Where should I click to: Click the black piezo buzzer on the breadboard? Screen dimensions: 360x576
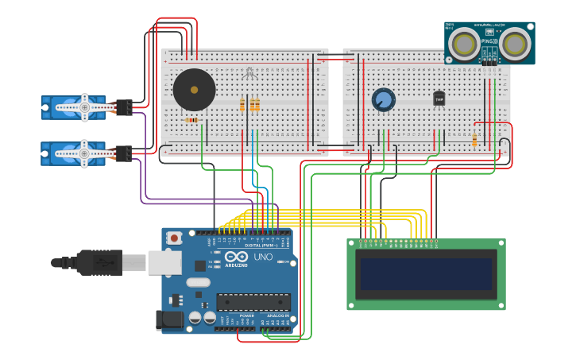(194, 90)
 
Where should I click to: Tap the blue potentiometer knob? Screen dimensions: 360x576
(383, 99)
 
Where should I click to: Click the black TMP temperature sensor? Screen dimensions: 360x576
(439, 99)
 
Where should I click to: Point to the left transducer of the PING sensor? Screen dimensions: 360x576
(463, 45)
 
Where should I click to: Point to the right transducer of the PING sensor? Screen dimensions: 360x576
(516, 45)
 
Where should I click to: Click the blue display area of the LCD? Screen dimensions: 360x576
(426, 273)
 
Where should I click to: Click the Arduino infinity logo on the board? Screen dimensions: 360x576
(236, 257)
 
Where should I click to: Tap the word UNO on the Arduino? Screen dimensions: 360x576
(262, 257)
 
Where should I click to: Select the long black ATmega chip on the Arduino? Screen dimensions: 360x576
(253, 302)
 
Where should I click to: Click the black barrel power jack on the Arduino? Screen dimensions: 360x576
(169, 320)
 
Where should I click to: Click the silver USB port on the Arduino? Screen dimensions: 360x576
(164, 262)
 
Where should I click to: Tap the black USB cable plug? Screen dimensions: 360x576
(99, 262)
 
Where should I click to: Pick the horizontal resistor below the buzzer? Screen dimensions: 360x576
(191, 120)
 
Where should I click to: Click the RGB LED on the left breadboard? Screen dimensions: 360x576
(249, 73)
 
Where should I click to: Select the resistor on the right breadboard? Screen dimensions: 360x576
(474, 141)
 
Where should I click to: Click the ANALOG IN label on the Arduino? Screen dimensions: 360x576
(276, 315)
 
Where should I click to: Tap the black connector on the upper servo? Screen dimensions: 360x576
(123, 107)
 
